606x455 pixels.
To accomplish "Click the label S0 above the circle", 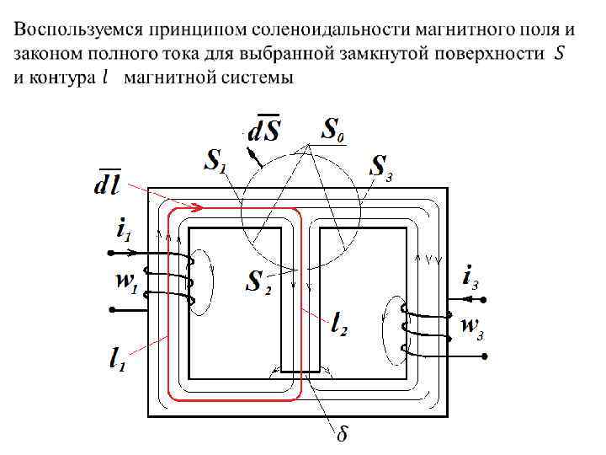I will point(334,131).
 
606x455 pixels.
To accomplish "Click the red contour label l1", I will point(120,360).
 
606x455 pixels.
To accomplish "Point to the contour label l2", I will point(338,322).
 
